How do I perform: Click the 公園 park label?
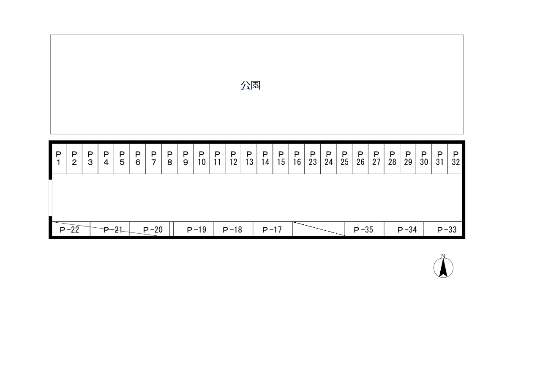coord(250,85)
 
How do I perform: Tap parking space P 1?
coord(59,159)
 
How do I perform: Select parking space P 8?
coord(170,159)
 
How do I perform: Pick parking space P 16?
coord(297,159)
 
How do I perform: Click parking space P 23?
coord(313,159)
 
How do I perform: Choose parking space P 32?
coord(455,159)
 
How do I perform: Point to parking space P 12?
coord(233,159)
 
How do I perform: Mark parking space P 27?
coord(376,159)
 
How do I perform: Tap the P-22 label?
coord(69,229)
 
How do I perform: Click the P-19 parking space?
coord(194,229)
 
